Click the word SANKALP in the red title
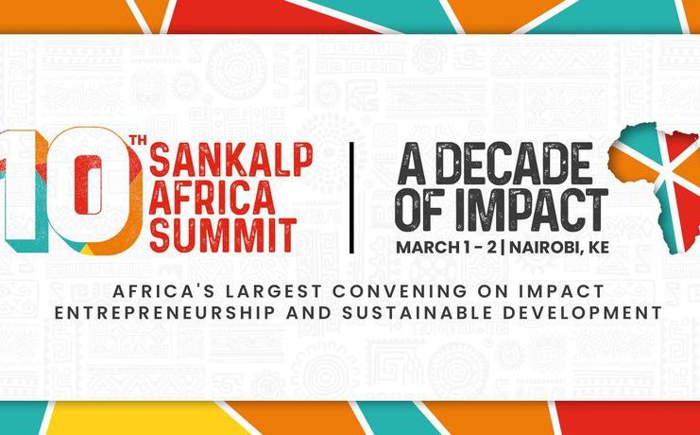click(230, 160)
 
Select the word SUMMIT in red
click(223, 235)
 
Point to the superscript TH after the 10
click(138, 141)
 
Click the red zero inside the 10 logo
click(89, 184)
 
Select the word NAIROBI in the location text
click(550, 247)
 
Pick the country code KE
click(601, 247)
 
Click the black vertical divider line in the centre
click(351, 198)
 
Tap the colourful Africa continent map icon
click(655, 188)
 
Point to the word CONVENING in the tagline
click(396, 291)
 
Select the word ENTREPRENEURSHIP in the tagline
click(163, 313)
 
